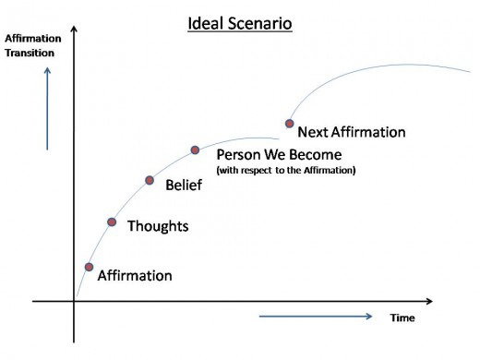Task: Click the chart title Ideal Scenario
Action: pos(240,23)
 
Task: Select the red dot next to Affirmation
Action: pos(89,267)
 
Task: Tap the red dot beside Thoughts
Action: pos(112,222)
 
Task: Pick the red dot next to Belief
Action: pos(150,180)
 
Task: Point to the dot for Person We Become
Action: pos(195,150)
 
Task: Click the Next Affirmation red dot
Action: pos(289,124)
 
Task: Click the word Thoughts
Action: pos(158,226)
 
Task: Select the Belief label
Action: pos(184,185)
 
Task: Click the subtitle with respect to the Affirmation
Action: pos(286,170)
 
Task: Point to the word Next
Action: pos(312,132)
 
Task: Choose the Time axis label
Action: pos(402,318)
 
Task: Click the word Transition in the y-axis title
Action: pos(30,53)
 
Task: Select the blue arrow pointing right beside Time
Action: pos(316,316)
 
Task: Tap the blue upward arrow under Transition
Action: pos(47,109)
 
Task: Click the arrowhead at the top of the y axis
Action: pos(74,29)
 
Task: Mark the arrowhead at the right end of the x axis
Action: pos(430,301)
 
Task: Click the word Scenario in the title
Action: pos(260,23)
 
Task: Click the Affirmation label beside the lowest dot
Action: pos(135,275)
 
